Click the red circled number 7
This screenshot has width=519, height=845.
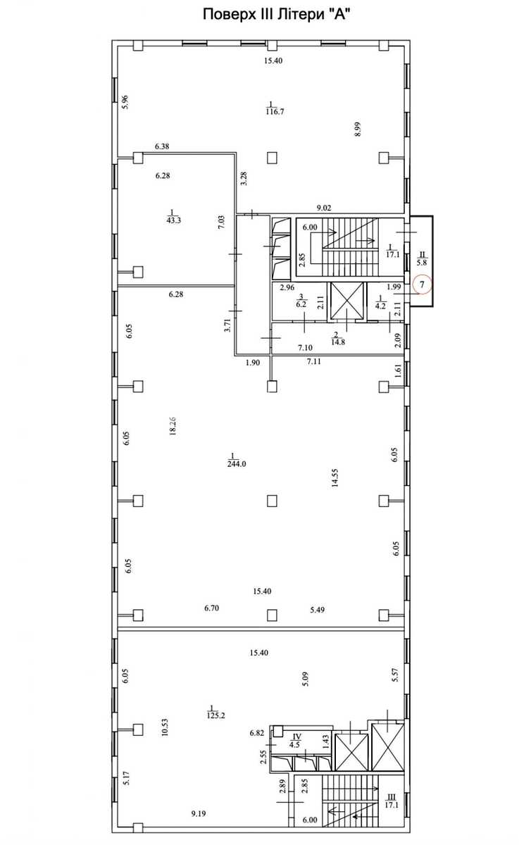coord(422,284)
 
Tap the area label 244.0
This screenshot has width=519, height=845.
coord(237,464)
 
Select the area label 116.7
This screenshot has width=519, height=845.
coord(275,112)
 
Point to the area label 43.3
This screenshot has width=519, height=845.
coord(173,220)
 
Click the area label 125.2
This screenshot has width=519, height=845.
coord(215,715)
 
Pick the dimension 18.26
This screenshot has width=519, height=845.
coord(173,426)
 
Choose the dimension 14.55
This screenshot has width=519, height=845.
coord(335,478)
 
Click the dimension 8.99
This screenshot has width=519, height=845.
coord(358,129)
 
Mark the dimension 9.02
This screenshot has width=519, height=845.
coord(324,208)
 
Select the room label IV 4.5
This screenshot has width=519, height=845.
coord(295,741)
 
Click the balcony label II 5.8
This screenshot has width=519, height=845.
coord(421,259)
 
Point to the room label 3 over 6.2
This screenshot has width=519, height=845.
coord(301,301)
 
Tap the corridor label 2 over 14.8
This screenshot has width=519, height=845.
coord(337,339)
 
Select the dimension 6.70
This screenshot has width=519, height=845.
coord(211,608)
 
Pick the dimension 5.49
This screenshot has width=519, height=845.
coord(317,610)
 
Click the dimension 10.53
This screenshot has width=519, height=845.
coord(165,727)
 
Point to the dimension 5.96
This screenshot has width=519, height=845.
coord(125,102)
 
